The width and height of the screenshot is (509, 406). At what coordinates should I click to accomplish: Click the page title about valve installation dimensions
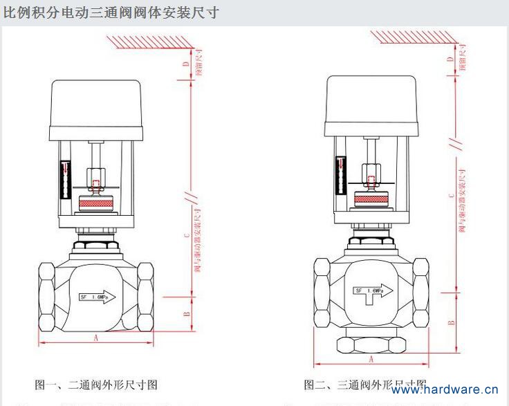[111, 12]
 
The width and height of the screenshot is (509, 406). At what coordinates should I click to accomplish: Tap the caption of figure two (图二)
[364, 384]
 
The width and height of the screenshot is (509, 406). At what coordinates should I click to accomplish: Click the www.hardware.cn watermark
[445, 389]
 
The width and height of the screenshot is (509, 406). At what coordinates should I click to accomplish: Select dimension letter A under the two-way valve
[96, 338]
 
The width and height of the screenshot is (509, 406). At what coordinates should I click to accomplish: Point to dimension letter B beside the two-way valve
[185, 314]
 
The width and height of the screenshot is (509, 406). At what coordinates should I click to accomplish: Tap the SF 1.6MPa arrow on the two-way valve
[97, 297]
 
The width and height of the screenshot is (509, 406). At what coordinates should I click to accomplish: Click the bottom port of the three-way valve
[371, 343]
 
